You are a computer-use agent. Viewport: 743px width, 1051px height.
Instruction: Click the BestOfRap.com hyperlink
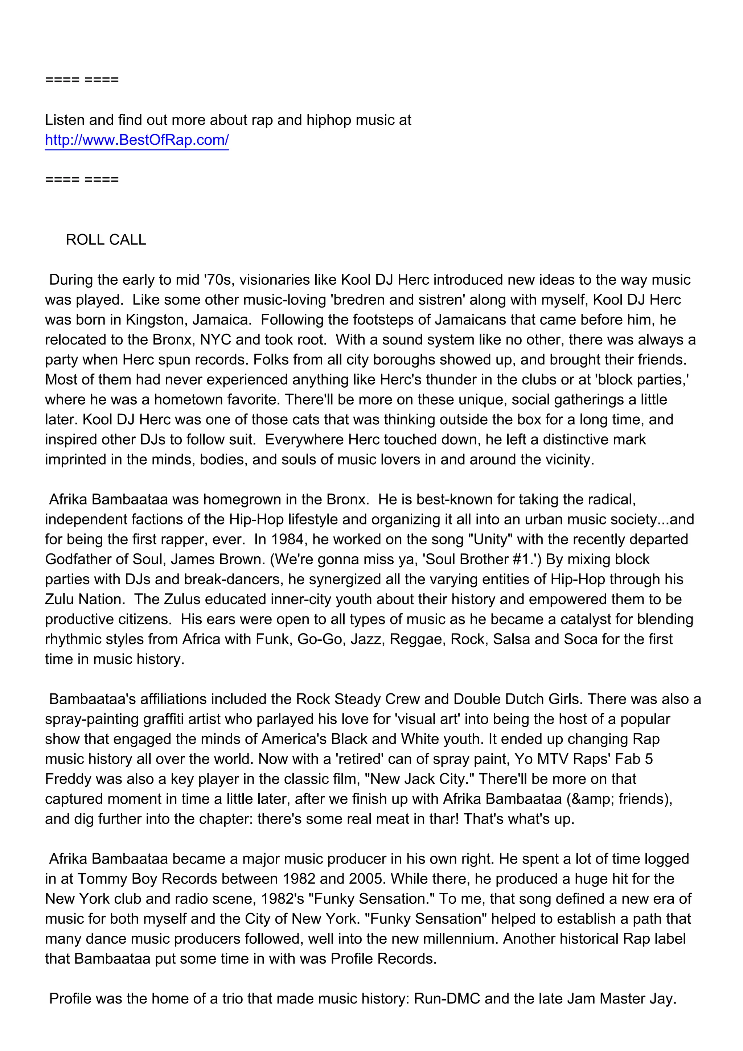pyautogui.click(x=136, y=140)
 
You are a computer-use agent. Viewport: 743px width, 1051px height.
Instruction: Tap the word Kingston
pyautogui.click(x=154, y=320)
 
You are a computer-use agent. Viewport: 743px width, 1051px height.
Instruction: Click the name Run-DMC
pyautogui.click(x=447, y=999)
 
